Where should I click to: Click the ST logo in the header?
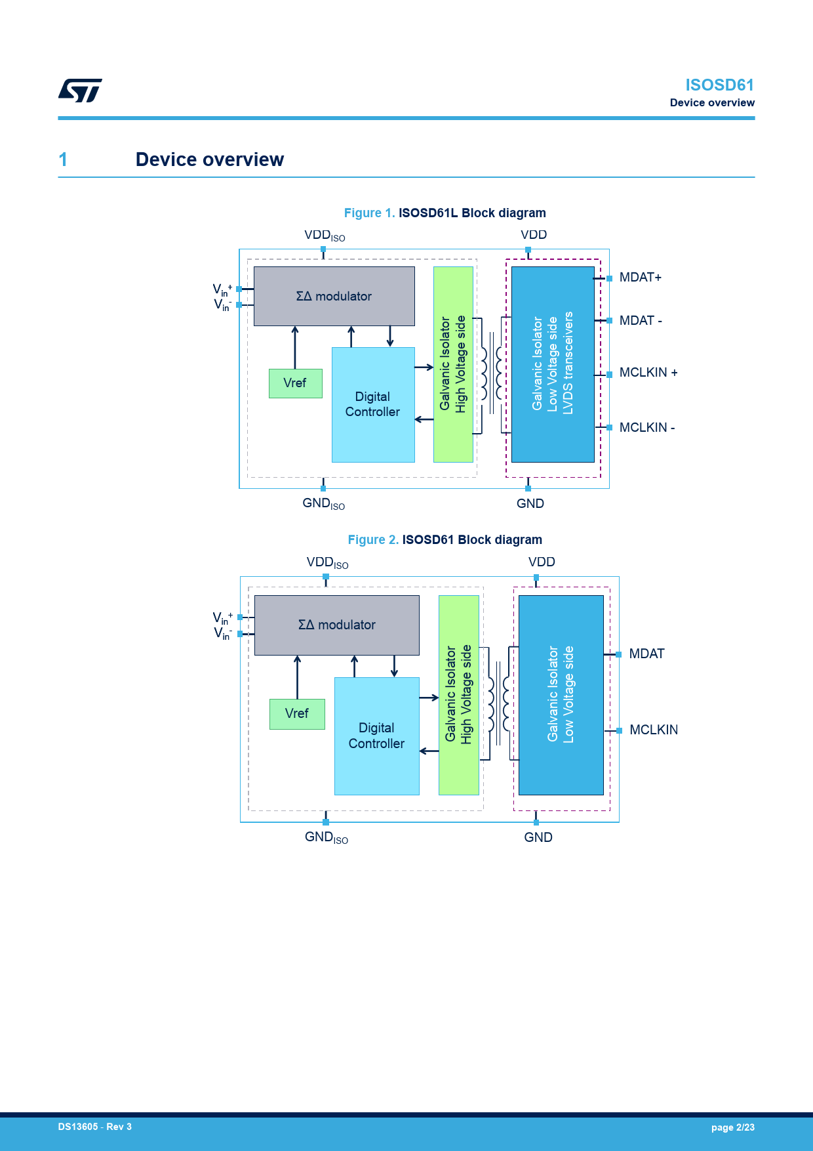tap(80, 91)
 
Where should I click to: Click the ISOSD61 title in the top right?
tap(719, 85)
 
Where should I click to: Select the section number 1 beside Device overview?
tap(63, 159)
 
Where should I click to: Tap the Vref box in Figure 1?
tap(295, 383)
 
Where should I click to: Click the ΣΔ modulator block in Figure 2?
tap(336, 625)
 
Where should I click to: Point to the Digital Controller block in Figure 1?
tap(372, 404)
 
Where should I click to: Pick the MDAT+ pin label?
tap(640, 278)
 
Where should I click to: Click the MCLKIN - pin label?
tap(646, 428)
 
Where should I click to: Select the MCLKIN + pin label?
tap(648, 373)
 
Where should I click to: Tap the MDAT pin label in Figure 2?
tap(646, 654)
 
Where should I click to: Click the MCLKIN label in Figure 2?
tap(653, 730)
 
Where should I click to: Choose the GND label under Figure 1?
tap(530, 503)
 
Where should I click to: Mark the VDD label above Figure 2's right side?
tap(542, 562)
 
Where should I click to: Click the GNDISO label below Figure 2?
tap(326, 838)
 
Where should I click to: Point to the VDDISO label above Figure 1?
tap(324, 236)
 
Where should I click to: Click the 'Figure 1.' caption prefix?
tap(369, 213)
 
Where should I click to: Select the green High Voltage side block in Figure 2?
tap(458, 694)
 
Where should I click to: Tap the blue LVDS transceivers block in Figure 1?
tap(553, 364)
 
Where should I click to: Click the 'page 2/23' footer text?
tap(732, 1127)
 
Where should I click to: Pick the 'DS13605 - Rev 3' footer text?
tap(94, 1127)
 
